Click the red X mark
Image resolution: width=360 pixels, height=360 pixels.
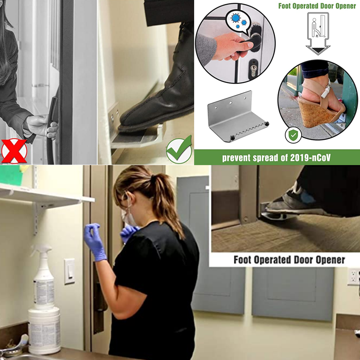14,151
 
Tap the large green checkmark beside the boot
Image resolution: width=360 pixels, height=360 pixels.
179,149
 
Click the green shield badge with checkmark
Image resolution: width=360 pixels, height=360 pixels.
293,135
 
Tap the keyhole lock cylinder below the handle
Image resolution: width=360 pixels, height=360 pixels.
253,69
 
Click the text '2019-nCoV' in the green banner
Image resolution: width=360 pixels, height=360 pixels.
310,158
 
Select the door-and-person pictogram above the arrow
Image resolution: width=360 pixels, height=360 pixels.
318,26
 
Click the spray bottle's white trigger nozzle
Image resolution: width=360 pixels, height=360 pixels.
42,249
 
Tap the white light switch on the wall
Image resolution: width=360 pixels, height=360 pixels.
69,271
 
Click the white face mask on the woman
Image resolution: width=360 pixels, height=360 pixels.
128,217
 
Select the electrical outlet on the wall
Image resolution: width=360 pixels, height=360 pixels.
354,276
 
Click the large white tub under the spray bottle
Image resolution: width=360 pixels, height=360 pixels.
44,330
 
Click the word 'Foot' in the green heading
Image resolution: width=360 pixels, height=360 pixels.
285,6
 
